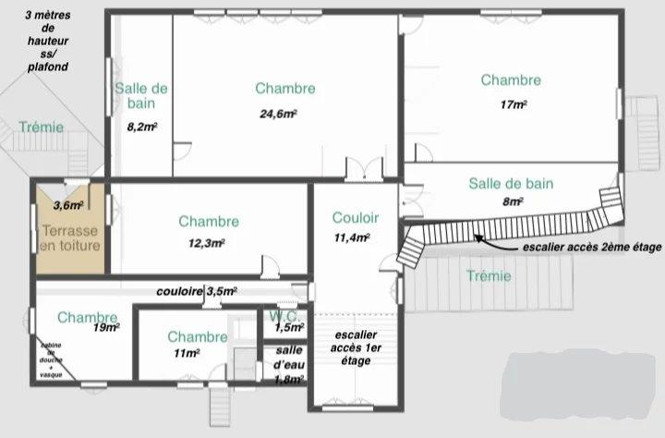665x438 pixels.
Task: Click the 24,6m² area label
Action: [x=278, y=114]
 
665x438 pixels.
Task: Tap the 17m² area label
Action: [x=514, y=104]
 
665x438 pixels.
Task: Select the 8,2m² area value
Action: [x=141, y=127]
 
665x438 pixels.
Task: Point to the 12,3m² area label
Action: [x=208, y=243]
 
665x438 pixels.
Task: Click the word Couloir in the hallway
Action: [x=356, y=218]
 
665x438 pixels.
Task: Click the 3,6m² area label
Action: [x=69, y=205]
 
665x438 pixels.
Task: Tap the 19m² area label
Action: [x=106, y=327]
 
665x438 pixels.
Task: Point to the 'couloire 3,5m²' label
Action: [x=196, y=290]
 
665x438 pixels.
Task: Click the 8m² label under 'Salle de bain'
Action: [x=514, y=201]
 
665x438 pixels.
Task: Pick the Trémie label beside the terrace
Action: [x=42, y=127]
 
